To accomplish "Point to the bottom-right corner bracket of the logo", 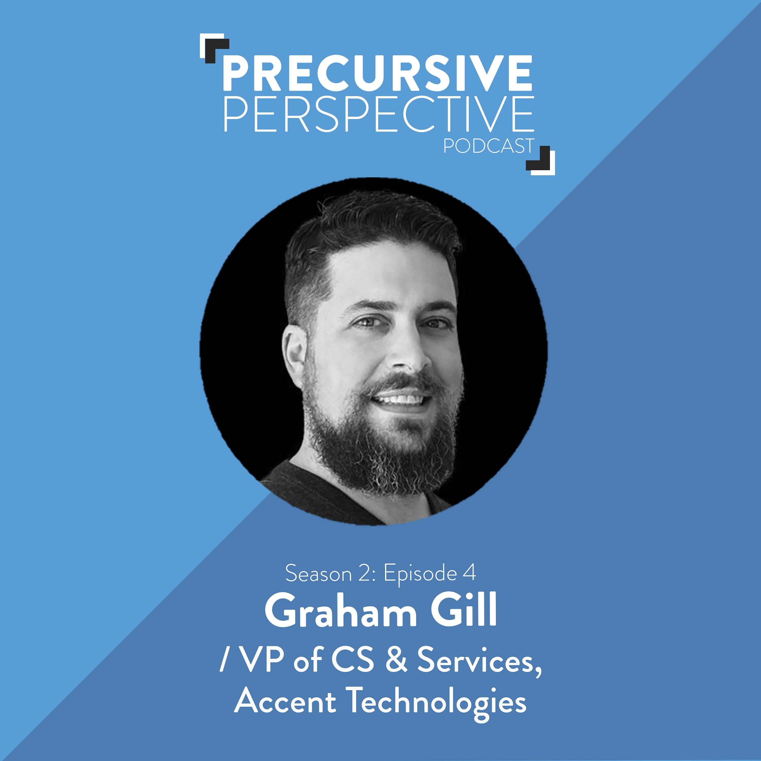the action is click(x=540, y=160).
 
